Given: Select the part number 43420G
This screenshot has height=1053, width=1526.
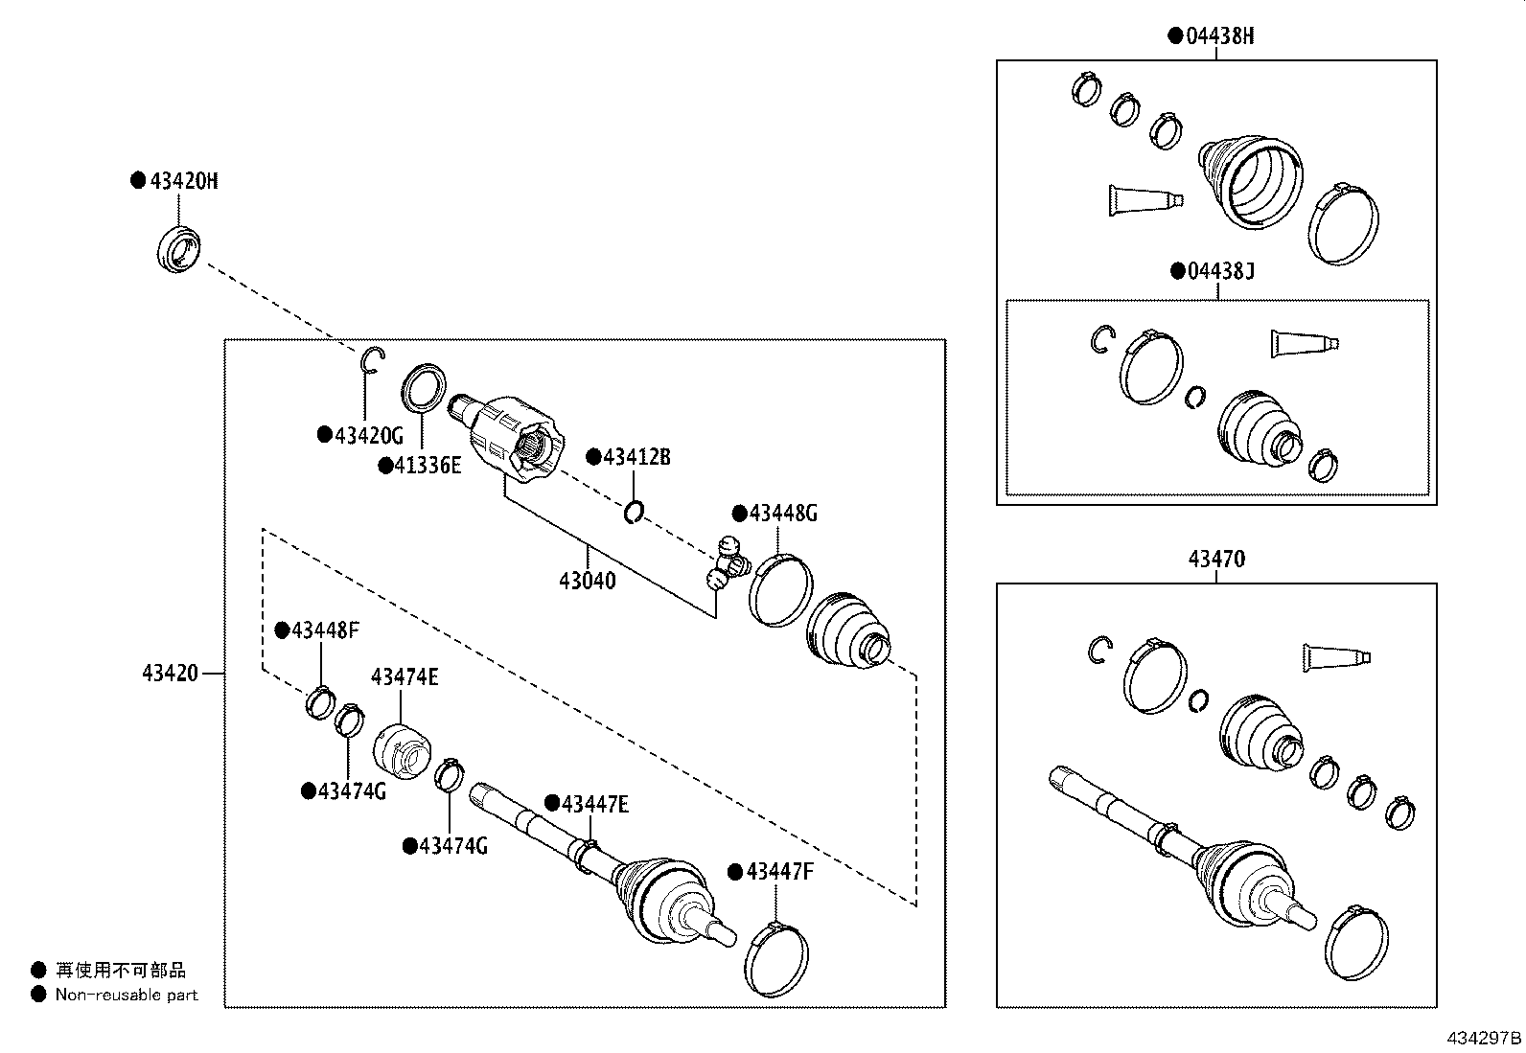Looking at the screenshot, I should [369, 435].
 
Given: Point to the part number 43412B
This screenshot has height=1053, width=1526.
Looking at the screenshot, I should [636, 457].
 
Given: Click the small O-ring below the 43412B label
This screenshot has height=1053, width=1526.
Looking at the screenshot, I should [633, 514].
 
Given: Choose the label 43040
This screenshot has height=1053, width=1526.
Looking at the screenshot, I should [587, 581].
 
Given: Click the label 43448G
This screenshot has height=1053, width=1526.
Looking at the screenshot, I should [783, 513].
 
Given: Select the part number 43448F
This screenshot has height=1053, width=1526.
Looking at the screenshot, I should [326, 630].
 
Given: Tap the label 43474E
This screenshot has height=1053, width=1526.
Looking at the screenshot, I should [405, 677].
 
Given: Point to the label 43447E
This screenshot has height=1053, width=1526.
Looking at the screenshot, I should [595, 804].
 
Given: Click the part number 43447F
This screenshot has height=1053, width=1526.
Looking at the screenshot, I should [779, 871].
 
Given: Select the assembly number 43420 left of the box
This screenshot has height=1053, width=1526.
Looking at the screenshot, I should [171, 674].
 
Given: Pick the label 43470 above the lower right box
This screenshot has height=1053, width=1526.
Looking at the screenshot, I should [1216, 559].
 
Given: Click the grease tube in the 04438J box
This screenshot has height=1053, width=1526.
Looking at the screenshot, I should [1304, 343].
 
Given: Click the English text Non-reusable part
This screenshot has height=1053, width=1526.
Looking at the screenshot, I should [126, 995].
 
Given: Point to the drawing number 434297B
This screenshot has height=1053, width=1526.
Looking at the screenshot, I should [1483, 1038].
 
